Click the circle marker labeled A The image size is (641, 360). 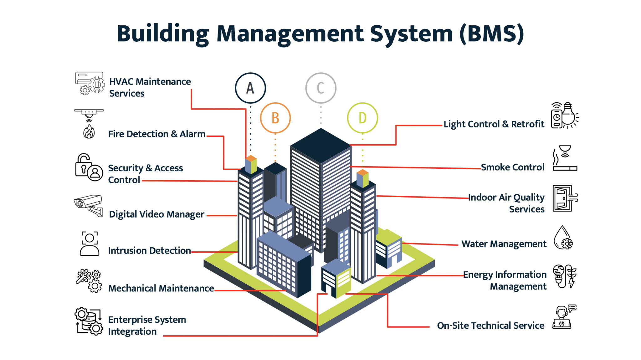(250, 88)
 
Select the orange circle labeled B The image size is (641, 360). (275, 118)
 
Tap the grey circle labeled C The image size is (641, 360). (320, 88)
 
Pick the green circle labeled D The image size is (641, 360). (362, 118)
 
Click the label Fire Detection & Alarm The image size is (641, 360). (156, 134)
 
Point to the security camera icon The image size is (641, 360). (89, 205)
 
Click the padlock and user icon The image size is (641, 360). (89, 167)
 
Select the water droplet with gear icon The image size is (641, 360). (563, 238)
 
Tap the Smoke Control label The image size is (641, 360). (512, 167)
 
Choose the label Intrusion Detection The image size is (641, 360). (149, 250)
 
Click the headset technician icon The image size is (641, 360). (564, 317)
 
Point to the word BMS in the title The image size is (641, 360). (491, 33)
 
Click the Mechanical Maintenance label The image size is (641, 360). (161, 288)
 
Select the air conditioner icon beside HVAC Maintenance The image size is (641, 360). (89, 83)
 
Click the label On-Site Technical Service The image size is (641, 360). (490, 326)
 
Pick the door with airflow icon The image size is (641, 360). (565, 198)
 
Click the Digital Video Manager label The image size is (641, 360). (156, 214)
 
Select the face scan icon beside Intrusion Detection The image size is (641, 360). (90, 244)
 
